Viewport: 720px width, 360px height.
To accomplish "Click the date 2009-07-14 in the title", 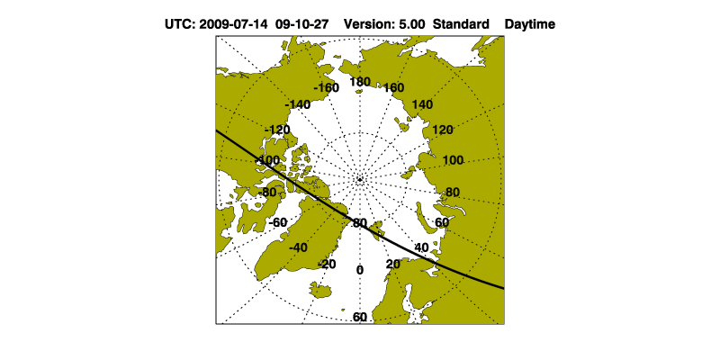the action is pos(233,24).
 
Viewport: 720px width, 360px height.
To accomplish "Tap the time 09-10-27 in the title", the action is pos(302,24).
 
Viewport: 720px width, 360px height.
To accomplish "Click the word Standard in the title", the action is pos(461,24).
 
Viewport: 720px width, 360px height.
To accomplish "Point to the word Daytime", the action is pos(530,24).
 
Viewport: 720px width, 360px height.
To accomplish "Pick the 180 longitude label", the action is pos(360,82).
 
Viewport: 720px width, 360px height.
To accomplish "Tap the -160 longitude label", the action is pos(326,87).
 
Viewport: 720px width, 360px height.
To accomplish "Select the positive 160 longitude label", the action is pos(394,87).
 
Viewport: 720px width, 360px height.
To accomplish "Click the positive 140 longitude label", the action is pos(422,104).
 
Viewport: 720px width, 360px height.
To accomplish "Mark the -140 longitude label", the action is pos(298,104).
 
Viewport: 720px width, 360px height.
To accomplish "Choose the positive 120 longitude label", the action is pos(443,130).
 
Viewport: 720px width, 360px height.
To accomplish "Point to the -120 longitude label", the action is pos(277,130).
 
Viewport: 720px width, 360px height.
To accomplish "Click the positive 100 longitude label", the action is pos(454,160).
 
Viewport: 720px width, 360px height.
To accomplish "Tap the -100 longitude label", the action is pos(266,160).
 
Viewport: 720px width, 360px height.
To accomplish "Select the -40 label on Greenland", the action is pos(298,247).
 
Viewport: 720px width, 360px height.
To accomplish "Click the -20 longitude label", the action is pos(327,264).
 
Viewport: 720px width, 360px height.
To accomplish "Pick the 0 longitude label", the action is pos(360,270).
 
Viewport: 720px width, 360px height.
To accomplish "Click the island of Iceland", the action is pos(320,290).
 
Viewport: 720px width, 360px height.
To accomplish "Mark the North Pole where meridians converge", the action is pos(360,179).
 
